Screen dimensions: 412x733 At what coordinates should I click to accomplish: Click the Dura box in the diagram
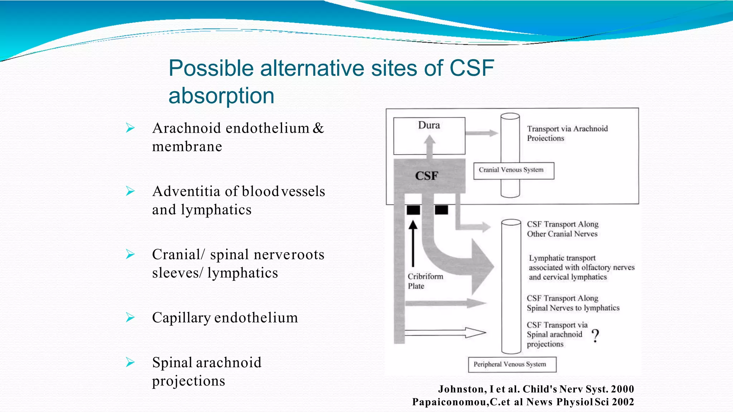(x=429, y=136)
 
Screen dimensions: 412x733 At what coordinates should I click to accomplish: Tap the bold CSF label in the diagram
(x=427, y=176)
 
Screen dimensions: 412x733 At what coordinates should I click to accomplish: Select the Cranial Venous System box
(x=514, y=171)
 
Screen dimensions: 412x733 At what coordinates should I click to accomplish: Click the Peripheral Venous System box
(x=512, y=364)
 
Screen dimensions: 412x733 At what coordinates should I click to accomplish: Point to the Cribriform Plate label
(x=425, y=281)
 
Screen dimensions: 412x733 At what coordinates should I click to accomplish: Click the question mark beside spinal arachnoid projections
(x=595, y=336)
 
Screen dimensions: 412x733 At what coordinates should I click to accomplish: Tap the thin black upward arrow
(x=413, y=243)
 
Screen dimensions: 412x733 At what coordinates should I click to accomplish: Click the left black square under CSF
(x=413, y=210)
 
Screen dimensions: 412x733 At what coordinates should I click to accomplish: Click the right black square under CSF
(x=441, y=210)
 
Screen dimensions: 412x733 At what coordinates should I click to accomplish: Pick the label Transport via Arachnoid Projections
(x=567, y=133)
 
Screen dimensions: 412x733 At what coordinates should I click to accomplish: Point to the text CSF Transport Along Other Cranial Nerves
(x=562, y=229)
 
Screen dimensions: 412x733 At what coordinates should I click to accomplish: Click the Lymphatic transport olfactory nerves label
(x=581, y=268)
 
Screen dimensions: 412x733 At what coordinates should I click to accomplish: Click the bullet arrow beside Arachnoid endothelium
(x=130, y=128)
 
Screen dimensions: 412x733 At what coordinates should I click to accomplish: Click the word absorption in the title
(x=221, y=96)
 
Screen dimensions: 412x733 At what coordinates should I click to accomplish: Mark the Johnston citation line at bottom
(x=536, y=389)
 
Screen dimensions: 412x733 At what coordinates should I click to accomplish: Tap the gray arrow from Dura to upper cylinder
(x=481, y=133)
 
